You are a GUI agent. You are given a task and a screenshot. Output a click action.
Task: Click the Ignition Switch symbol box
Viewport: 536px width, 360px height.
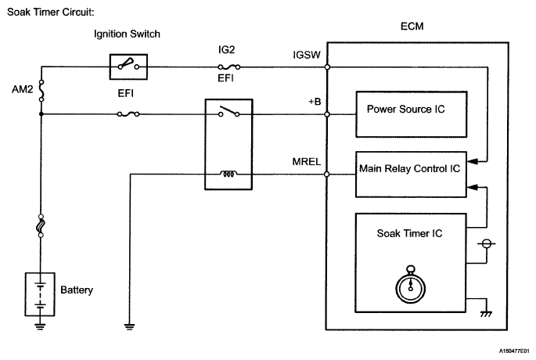pyautogui.click(x=127, y=67)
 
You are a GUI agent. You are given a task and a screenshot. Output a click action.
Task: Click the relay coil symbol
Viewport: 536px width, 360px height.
pyautogui.click(x=228, y=174)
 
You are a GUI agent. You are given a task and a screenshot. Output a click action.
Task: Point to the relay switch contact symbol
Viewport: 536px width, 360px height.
pyautogui.click(x=228, y=112)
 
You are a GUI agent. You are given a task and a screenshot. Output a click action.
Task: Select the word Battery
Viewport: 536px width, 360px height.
pyautogui.click(x=77, y=290)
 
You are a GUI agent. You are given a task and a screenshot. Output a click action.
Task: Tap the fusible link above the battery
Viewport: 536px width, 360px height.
pyautogui.click(x=41, y=228)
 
